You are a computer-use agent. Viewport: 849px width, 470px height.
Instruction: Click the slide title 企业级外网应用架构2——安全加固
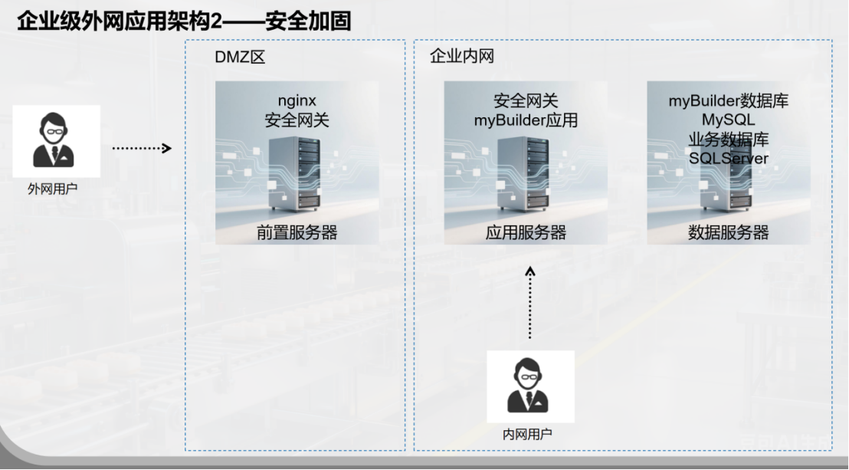point(184,21)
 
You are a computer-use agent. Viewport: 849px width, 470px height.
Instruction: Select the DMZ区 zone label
point(240,58)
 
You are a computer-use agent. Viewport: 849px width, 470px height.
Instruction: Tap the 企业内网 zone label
point(463,57)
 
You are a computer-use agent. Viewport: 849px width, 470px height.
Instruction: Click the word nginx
point(297,100)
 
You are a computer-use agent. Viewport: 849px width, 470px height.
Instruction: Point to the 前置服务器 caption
point(297,233)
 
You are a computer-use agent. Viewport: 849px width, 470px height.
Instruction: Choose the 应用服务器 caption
point(526,233)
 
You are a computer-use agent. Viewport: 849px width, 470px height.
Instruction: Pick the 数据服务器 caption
point(728,233)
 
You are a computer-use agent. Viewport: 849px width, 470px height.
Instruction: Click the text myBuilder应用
point(526,120)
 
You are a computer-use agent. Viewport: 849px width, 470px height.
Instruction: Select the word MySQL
point(728,120)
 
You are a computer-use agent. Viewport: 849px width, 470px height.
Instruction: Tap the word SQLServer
point(728,158)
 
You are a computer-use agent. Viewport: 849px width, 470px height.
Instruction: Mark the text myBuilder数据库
point(728,100)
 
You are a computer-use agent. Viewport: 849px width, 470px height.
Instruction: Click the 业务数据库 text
point(728,139)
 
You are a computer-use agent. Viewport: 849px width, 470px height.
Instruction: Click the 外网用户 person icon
point(54,140)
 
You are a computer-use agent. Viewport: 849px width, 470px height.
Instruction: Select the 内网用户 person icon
point(529,386)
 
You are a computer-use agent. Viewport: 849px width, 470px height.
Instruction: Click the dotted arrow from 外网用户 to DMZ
point(141,148)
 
